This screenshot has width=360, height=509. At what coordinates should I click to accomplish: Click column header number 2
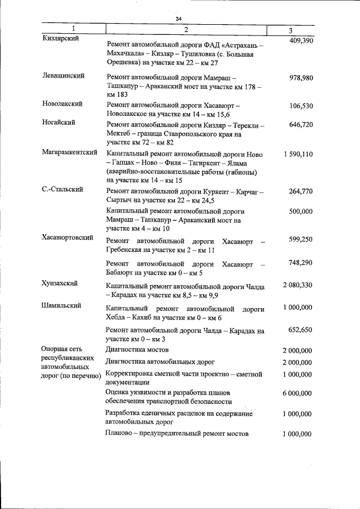pyautogui.click(x=186, y=29)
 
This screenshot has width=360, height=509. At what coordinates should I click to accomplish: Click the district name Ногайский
pyautogui.click(x=58, y=122)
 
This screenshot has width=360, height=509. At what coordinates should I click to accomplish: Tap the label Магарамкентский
pyautogui.click(x=70, y=152)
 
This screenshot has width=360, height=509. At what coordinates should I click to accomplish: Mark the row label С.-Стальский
pyautogui.click(x=62, y=190)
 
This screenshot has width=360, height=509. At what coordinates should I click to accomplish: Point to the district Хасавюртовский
pyautogui.click(x=67, y=238)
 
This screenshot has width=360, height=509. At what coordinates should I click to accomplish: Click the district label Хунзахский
pyautogui.click(x=60, y=283)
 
